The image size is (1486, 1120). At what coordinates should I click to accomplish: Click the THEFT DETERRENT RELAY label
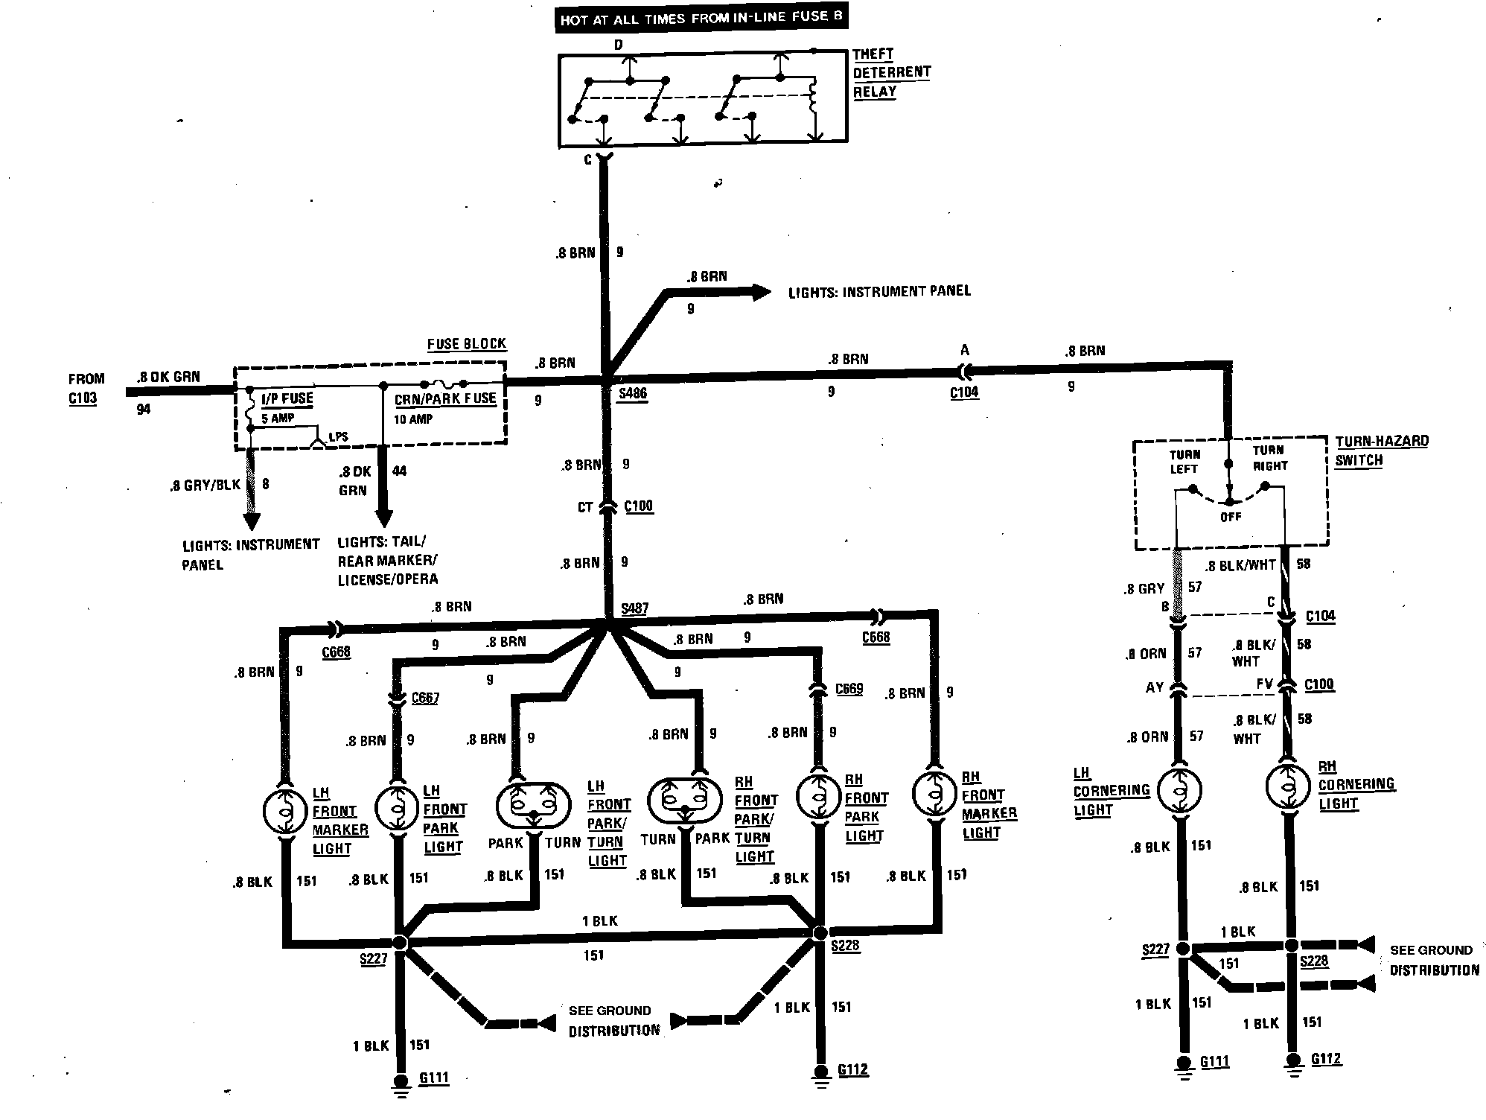pos(890,73)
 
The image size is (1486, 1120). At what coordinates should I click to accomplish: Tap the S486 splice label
pos(632,393)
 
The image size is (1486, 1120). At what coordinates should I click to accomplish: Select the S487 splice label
pos(634,608)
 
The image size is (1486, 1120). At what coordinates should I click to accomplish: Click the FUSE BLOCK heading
pos(466,344)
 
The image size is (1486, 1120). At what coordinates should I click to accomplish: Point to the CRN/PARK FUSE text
pos(444,398)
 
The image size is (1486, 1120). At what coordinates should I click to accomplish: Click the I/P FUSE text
pos(287,398)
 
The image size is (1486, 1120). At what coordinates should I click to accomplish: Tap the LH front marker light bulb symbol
pos(285,810)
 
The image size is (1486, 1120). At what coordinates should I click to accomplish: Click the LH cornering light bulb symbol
pos(1180,789)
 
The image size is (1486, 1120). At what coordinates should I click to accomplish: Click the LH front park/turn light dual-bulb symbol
pos(533,804)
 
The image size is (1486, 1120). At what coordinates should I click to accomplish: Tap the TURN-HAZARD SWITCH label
pos(1381,451)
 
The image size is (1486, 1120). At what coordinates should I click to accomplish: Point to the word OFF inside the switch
pos(1230,517)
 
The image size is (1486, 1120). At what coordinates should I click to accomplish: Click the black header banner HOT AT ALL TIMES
pos(701,19)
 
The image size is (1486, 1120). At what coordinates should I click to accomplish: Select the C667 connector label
pos(424,698)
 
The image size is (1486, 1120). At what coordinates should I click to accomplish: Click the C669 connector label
pos(849,689)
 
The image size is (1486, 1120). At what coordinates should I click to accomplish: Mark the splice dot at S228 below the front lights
pos(820,932)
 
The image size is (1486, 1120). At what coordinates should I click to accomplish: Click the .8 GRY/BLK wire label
pos(205,485)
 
